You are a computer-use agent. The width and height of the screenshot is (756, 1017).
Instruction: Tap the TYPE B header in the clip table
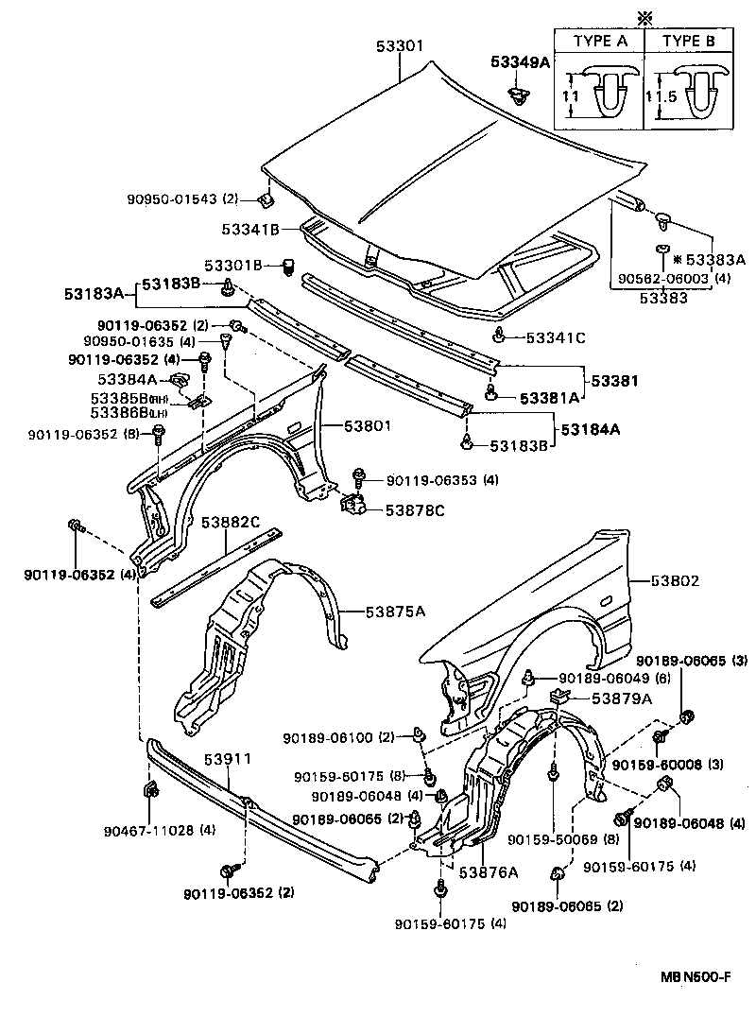689,41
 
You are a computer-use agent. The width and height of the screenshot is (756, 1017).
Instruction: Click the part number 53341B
250,229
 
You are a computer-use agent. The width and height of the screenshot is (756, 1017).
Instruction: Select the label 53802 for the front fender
674,581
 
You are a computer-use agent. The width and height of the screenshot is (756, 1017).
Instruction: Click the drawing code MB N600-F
695,978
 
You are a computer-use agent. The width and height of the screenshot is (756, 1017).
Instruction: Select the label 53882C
228,522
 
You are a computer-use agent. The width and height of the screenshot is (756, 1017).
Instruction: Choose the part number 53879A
622,698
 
